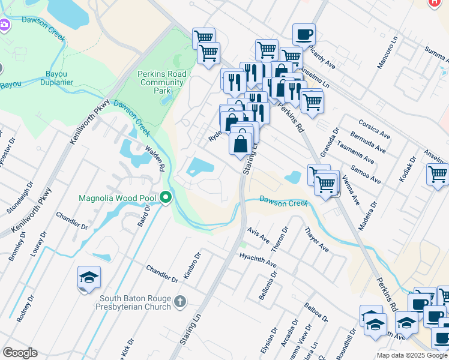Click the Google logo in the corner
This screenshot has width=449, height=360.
[x=20, y=353]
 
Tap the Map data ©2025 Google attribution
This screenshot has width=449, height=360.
[x=412, y=355]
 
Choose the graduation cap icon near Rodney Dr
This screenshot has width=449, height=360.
[x=89, y=277]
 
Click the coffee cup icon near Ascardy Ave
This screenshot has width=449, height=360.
[x=304, y=34]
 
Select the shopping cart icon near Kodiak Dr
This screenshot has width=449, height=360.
[x=438, y=175]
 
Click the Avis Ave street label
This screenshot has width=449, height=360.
[x=258, y=238]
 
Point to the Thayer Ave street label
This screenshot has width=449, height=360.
[x=316, y=239]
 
